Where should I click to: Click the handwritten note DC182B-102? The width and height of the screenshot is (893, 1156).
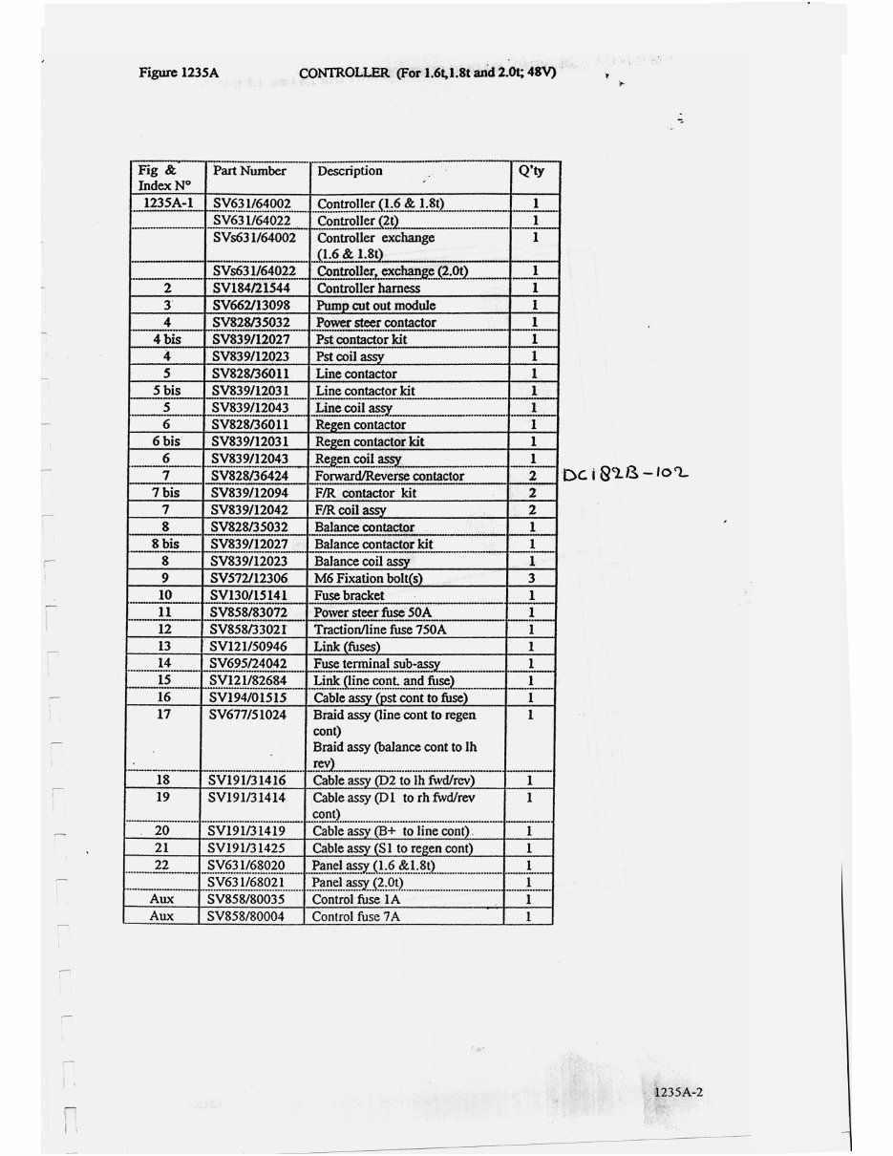pos(626,474)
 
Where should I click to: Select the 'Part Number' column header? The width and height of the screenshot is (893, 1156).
pos(249,171)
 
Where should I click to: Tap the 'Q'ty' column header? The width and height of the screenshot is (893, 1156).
pos(531,171)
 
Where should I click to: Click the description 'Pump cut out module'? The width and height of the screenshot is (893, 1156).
pos(375,305)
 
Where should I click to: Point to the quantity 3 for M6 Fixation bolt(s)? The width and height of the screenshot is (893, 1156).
pos(531,578)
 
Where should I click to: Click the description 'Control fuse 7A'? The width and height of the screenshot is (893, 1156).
pos(356,916)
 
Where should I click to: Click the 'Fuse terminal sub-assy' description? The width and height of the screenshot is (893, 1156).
pos(377,663)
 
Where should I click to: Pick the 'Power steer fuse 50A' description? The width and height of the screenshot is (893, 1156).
pos(373,612)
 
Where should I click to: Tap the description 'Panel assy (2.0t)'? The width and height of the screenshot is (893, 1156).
pos(360,882)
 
